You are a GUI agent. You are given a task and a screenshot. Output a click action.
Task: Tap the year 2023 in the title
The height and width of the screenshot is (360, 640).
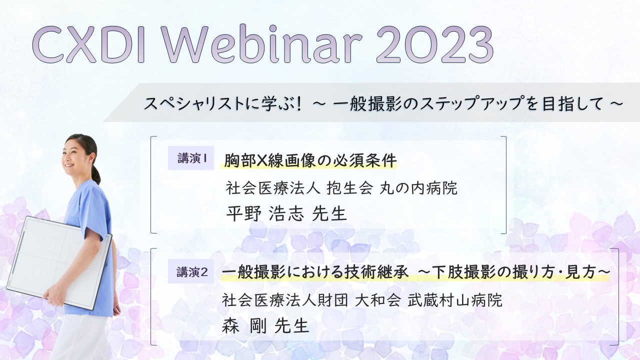click(x=435, y=44)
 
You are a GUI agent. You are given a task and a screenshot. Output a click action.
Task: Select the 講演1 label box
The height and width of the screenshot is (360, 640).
click(x=191, y=158)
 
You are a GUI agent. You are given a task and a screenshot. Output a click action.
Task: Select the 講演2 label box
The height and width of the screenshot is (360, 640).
click(x=191, y=271)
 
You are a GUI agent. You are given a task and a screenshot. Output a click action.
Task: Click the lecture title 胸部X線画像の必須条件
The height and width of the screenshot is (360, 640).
click(x=310, y=160)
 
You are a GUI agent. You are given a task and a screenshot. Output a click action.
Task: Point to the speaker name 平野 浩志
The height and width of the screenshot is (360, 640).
click(x=264, y=213)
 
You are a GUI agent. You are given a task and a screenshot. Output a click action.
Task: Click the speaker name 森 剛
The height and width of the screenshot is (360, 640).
click(x=244, y=325)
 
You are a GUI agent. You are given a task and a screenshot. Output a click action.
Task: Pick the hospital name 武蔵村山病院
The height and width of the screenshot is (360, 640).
click(x=455, y=300)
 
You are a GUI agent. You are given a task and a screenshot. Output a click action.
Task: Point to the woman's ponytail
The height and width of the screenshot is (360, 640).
click(x=96, y=174)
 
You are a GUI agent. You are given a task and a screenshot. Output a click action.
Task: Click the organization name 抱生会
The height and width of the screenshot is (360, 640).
click(x=349, y=187)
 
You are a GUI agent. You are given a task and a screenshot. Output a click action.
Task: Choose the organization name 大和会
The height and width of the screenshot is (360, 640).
click(x=377, y=300)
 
